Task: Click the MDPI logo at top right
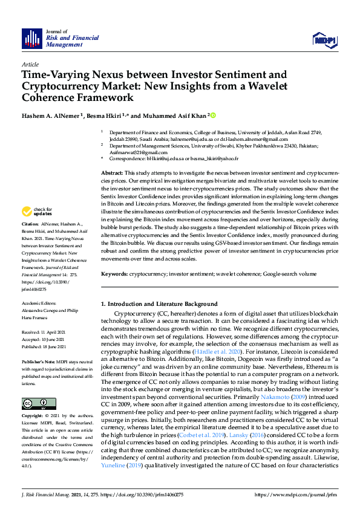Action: click(x=324, y=39)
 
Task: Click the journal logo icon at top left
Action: click(x=31, y=39)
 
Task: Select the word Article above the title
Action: click(x=30, y=64)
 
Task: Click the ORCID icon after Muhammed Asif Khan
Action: click(x=212, y=115)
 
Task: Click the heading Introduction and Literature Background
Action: click(x=162, y=303)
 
